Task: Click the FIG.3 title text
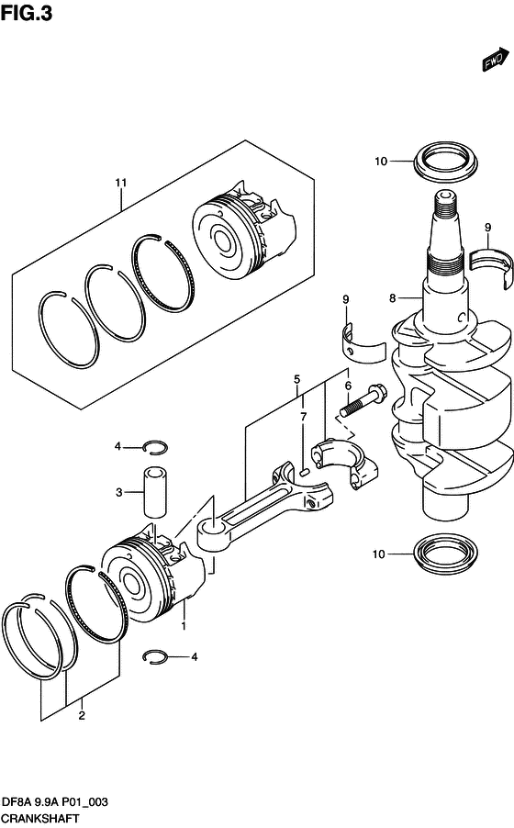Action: click(27, 12)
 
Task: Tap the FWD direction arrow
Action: click(496, 59)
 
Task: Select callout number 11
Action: click(121, 183)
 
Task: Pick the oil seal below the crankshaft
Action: click(446, 554)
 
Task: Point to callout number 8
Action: click(393, 298)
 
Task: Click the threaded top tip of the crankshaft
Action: click(443, 198)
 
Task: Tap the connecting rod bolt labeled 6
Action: click(364, 399)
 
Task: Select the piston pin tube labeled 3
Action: click(154, 492)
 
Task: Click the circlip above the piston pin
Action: click(157, 447)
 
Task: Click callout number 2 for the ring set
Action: click(82, 715)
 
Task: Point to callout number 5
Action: click(296, 379)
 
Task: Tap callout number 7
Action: click(303, 417)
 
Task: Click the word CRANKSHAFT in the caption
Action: click(40, 818)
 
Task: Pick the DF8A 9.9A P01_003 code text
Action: click(55, 802)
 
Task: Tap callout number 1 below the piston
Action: click(184, 626)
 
